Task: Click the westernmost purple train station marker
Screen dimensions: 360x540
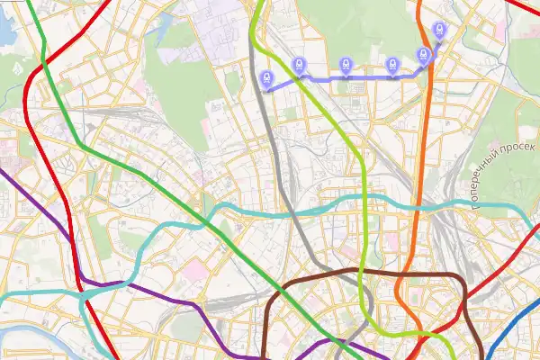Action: tap(266, 79)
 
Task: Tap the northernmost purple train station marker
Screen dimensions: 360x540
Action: tap(438, 31)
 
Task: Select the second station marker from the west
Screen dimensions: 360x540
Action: tap(299, 65)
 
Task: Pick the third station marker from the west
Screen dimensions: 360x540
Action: tap(346, 65)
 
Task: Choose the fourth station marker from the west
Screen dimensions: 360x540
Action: tap(392, 65)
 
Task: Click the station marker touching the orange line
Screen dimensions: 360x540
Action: tap(423, 55)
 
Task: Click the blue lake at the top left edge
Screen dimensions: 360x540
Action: tap(4, 31)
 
